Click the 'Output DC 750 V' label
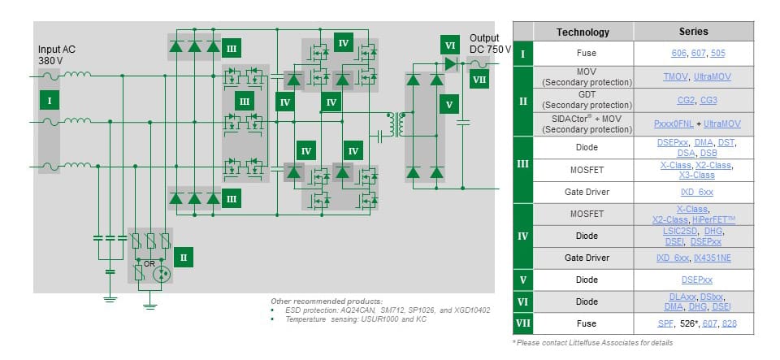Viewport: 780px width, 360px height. coord(490,44)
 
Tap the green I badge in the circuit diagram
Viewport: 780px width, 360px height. coord(50,101)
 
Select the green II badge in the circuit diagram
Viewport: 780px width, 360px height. coord(184,257)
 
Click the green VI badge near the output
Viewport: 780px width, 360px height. coord(449,46)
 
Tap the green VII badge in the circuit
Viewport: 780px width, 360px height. coord(479,80)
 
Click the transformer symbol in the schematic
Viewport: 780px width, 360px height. coord(397,124)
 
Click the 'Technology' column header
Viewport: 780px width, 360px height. coord(582,32)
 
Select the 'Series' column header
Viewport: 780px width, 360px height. coord(693,32)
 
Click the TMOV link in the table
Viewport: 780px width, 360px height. coord(675,76)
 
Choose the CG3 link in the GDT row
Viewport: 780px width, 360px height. coord(708,100)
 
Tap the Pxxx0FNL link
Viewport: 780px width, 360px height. coord(670,124)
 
